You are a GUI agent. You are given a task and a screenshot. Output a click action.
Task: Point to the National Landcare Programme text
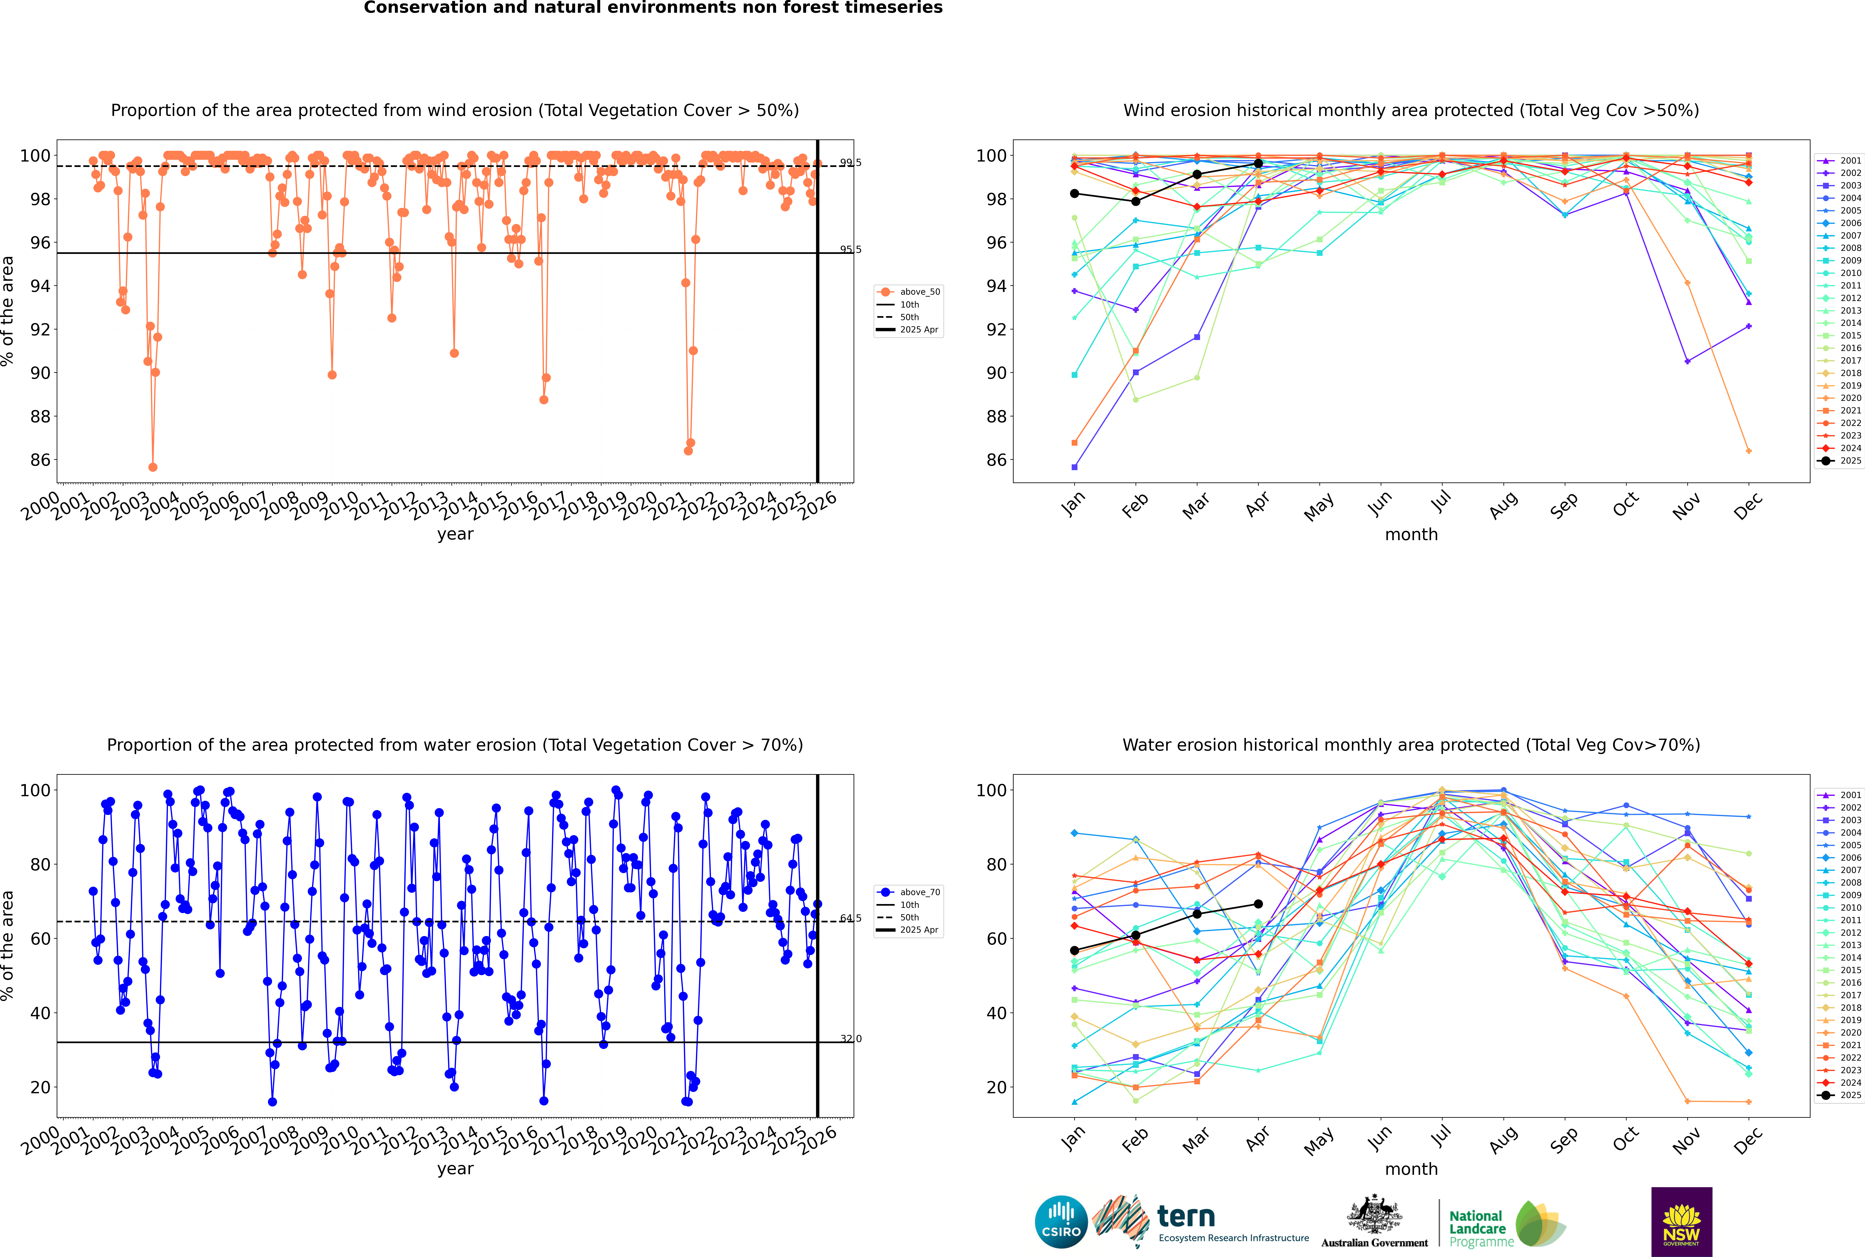[x=1477, y=1228]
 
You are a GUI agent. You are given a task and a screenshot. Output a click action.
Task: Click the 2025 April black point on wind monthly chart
[x=1258, y=164]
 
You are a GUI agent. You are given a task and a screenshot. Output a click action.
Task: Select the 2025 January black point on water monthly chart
[x=1074, y=951]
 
